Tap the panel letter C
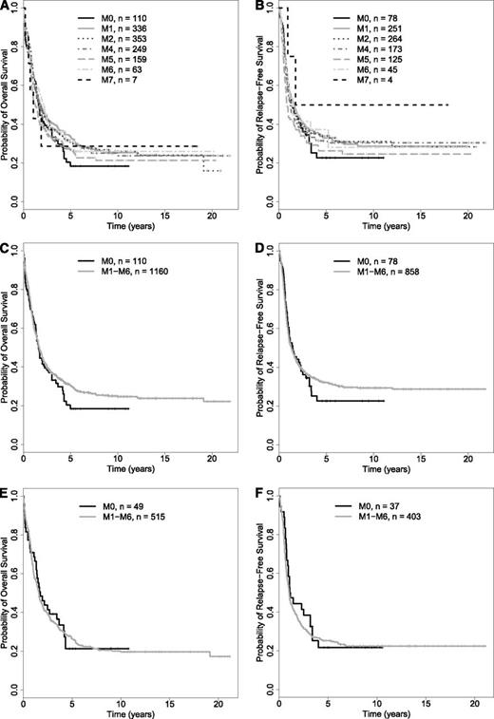point(6,250)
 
